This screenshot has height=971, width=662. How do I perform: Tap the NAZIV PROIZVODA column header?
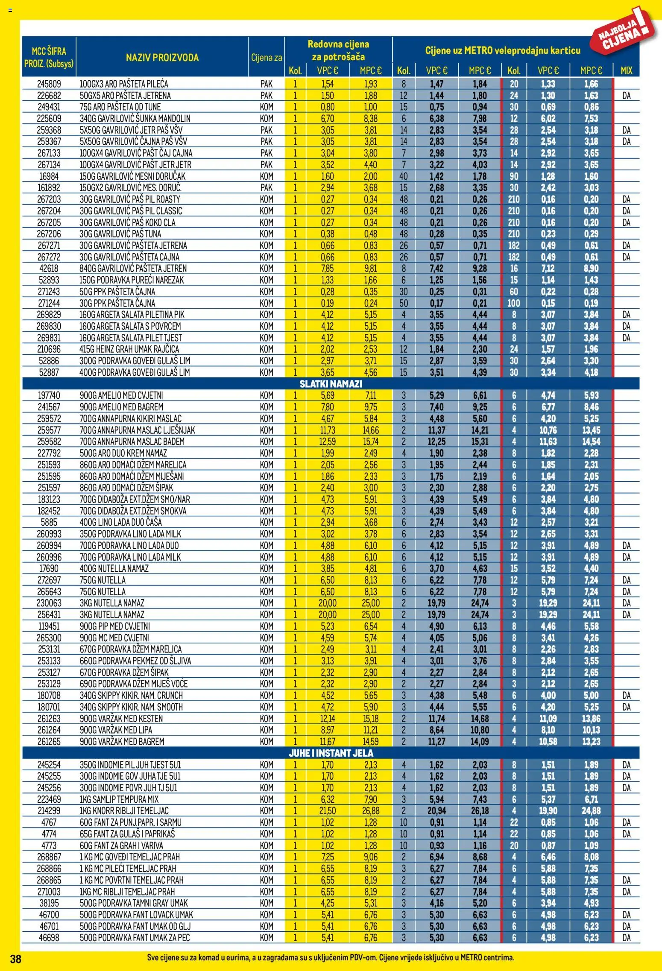point(162,58)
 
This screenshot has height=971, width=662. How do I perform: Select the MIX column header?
point(626,70)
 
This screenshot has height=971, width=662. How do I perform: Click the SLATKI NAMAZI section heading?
point(331,384)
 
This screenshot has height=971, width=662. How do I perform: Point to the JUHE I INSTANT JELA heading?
point(331,753)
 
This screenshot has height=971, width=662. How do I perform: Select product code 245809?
point(49,84)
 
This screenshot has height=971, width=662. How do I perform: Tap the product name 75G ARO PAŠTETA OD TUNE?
point(120,107)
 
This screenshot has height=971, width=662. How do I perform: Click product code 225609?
point(49,118)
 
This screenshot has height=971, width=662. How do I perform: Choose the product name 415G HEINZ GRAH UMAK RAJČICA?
point(129,349)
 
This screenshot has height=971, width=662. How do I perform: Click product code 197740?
point(49,395)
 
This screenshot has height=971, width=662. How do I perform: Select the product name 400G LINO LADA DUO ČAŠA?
point(120,522)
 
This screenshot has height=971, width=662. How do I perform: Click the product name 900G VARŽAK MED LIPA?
point(116,730)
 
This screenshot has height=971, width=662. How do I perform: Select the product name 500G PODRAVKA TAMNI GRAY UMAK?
point(134,903)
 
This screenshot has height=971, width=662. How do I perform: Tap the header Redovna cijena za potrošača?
point(338,50)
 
